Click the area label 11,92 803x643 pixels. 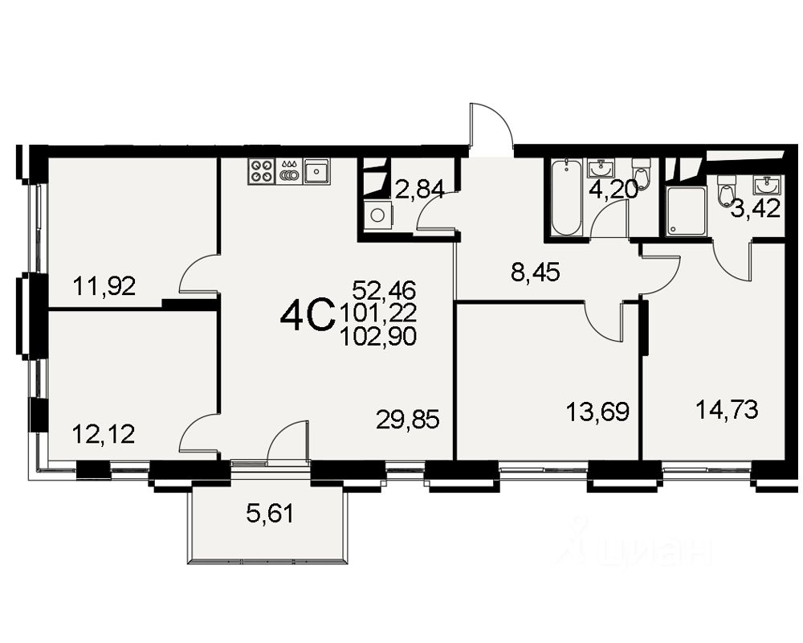pos(104,286)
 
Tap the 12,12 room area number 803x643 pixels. pos(104,435)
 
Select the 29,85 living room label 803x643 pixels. pos(408,420)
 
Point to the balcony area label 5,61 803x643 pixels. pos(270,514)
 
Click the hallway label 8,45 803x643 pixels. pos(535,272)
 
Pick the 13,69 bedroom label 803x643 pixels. pos(597,412)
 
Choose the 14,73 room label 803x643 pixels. pos(727,410)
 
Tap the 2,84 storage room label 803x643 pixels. pos(419,189)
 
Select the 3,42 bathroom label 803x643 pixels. pos(755,209)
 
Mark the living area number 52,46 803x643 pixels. pos(384,290)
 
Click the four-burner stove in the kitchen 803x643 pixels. pos(261,170)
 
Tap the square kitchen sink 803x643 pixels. pos(317,170)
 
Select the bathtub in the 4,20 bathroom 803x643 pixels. pos(566,198)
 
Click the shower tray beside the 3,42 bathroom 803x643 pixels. pos(687,211)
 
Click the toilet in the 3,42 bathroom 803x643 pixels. pos(726,190)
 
